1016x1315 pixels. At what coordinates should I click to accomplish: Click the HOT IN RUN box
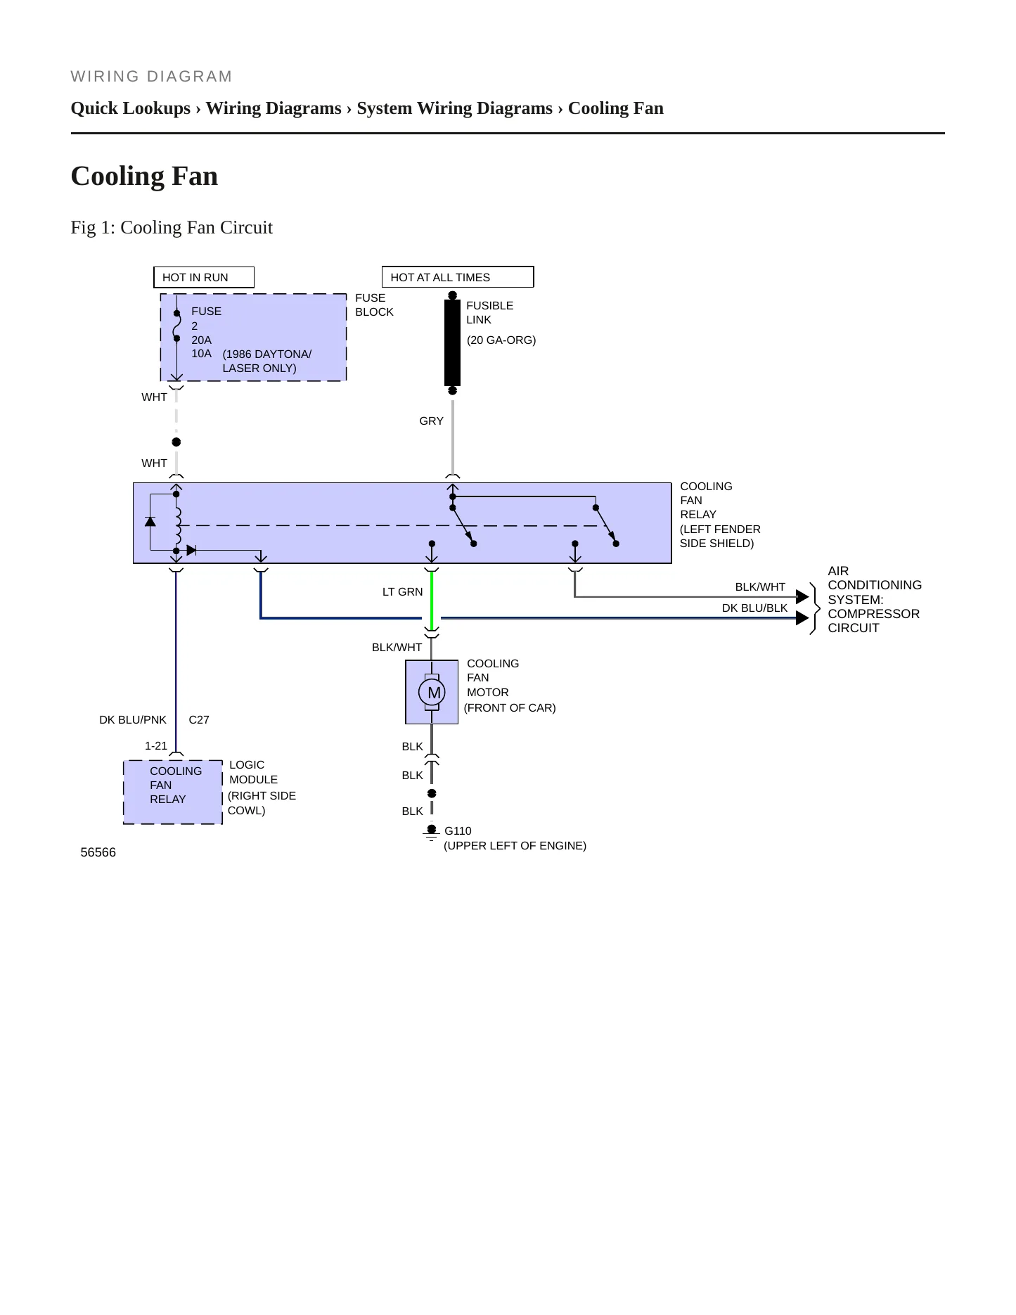pos(204,277)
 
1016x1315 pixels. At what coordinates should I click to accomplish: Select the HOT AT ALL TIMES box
pos(458,277)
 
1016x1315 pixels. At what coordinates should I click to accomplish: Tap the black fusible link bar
pos(452,342)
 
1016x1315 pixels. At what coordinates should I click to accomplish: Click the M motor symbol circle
pos(432,693)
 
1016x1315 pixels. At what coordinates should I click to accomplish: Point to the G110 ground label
pos(458,831)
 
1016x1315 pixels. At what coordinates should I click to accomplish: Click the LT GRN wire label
pos(403,592)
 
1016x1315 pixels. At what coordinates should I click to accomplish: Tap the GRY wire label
pos(431,421)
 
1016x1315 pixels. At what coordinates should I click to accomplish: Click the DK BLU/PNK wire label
pos(133,720)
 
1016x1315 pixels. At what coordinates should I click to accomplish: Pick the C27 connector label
pos(199,720)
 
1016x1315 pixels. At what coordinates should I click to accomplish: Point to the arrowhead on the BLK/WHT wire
pos(802,597)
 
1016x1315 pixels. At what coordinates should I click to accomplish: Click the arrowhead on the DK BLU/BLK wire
pos(802,618)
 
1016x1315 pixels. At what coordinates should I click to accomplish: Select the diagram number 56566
pos(98,852)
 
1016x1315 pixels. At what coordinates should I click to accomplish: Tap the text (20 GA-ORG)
pos(501,340)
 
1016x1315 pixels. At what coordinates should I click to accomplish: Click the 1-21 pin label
pos(156,746)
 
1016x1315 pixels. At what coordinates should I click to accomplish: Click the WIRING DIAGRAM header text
pos(152,77)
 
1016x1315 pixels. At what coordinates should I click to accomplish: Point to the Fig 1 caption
pos(172,228)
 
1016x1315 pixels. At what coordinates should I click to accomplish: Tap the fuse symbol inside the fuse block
pos(176,326)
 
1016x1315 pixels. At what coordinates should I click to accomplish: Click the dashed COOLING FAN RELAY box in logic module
pos(173,793)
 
